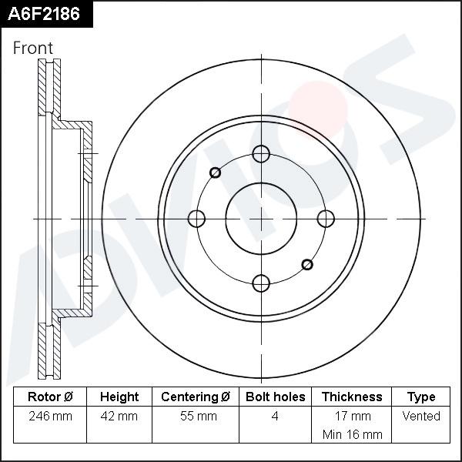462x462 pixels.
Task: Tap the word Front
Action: pyautogui.click(x=33, y=48)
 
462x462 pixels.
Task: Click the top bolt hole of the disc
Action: pyautogui.click(x=261, y=154)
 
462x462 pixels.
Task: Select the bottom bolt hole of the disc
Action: pyautogui.click(x=261, y=283)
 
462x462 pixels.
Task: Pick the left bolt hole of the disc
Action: pyautogui.click(x=197, y=219)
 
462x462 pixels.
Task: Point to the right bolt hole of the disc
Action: pyautogui.click(x=326, y=219)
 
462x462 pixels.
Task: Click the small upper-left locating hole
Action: pyautogui.click(x=215, y=172)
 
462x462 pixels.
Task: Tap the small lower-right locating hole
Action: pyautogui.click(x=307, y=264)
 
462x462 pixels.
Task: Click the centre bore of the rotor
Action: pyautogui.click(x=261, y=219)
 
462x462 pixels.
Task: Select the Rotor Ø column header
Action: pyautogui.click(x=50, y=397)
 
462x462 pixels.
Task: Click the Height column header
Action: pyautogui.click(x=119, y=397)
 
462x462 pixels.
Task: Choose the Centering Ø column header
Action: pyautogui.click(x=196, y=397)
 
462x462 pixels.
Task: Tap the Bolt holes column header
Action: pyautogui.click(x=275, y=397)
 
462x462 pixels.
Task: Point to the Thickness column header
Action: pyautogui.click(x=352, y=397)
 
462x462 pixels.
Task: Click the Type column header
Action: pyautogui.click(x=421, y=397)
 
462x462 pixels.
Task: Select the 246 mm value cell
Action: pyautogui.click(x=50, y=417)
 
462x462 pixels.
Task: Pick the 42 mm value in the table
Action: pyautogui.click(x=119, y=417)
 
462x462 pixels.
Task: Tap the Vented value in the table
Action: pyautogui.click(x=421, y=417)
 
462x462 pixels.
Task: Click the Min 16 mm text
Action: pyautogui.click(x=352, y=434)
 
